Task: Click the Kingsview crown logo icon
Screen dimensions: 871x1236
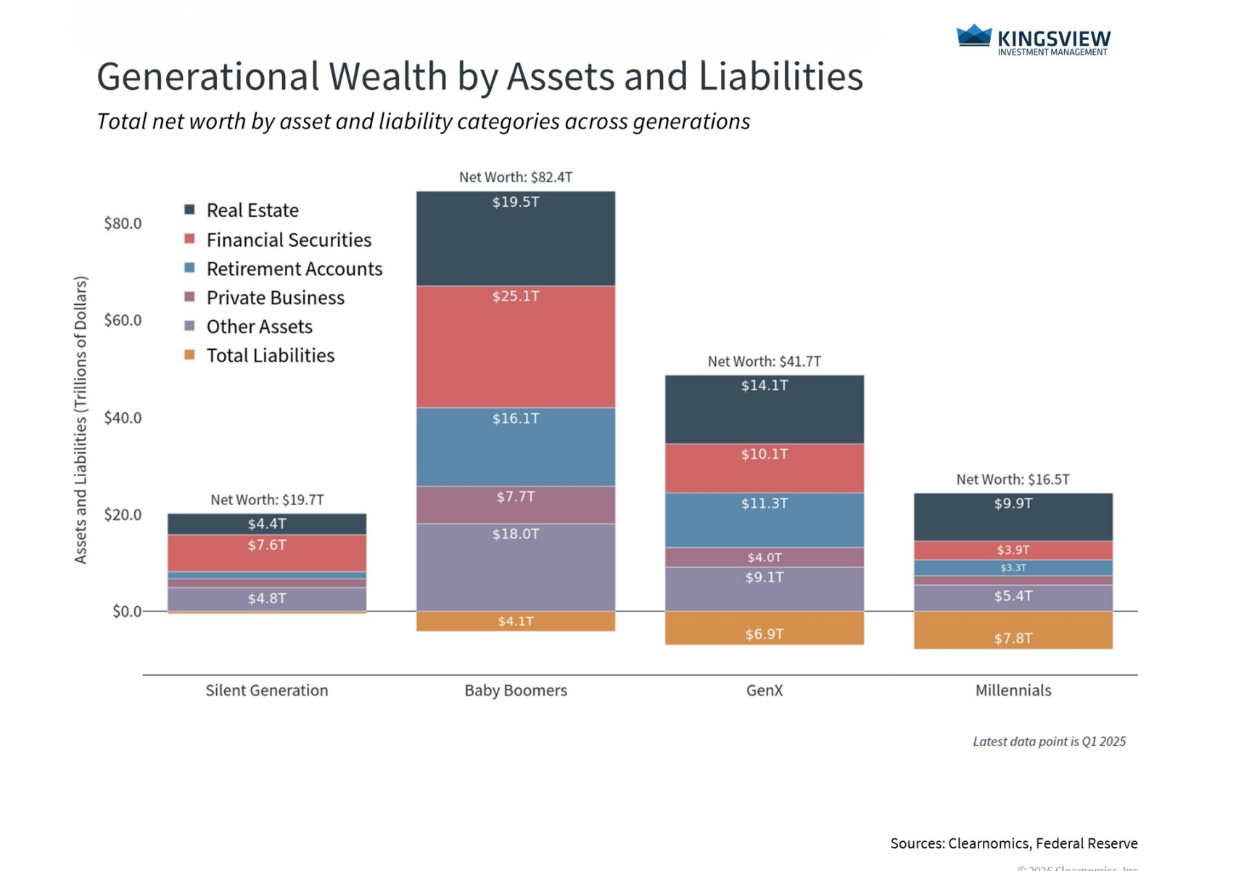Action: pos(973,36)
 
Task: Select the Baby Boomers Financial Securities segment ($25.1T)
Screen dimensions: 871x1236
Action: pos(516,347)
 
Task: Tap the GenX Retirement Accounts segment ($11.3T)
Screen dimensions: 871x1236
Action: pos(765,520)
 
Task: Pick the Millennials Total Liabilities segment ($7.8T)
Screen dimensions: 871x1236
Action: pos(1013,630)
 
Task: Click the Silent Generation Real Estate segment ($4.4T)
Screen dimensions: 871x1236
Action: pos(267,524)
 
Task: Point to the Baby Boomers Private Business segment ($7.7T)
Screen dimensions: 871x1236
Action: pos(516,505)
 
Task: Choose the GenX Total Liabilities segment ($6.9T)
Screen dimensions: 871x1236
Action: pos(765,628)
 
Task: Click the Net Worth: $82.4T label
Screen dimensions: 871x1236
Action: pos(516,177)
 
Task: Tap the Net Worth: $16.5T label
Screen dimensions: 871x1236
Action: pos(1013,480)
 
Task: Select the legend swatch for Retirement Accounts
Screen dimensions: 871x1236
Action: pos(190,268)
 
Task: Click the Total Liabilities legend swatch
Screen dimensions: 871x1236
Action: pos(190,355)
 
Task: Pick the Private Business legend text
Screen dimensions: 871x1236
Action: pos(275,298)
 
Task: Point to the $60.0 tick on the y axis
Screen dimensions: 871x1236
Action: pos(123,320)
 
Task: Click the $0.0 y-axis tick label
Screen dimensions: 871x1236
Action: pos(127,612)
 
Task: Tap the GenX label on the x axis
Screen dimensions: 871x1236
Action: pos(765,690)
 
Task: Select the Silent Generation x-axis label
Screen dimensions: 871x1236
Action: pos(267,690)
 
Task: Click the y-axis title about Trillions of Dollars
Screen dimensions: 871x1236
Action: pos(81,420)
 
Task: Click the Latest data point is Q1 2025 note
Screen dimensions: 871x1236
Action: pos(1049,742)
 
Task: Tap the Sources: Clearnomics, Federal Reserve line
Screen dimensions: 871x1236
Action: pos(1013,843)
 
